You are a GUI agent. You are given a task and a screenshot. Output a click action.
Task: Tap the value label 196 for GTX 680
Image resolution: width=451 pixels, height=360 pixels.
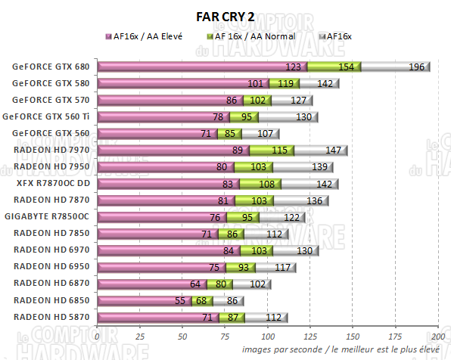(x=417, y=67)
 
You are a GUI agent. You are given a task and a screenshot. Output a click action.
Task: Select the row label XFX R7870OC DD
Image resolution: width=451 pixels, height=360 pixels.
(x=52, y=183)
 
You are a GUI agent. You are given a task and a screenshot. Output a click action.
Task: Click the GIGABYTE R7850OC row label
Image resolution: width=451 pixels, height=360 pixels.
(x=51, y=216)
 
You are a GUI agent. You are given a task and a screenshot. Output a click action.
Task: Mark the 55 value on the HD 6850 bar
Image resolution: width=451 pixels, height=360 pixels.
(x=180, y=300)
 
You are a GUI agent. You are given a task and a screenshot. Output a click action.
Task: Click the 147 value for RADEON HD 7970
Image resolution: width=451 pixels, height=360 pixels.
(x=334, y=151)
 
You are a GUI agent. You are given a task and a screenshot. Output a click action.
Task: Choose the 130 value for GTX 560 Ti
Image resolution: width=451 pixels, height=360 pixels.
(x=305, y=117)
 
